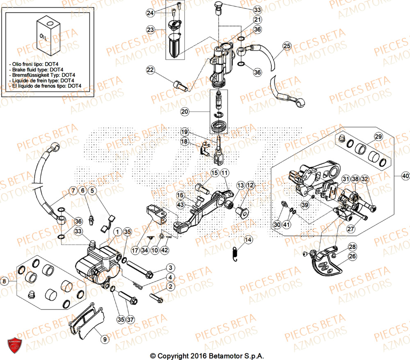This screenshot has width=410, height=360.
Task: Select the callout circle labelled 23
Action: (x=151, y=30)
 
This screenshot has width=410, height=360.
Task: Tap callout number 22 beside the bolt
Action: (x=151, y=71)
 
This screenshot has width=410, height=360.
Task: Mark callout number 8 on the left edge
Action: (x=5, y=281)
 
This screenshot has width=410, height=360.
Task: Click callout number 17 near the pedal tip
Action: (x=135, y=250)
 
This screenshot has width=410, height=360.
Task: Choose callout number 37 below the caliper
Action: (x=130, y=319)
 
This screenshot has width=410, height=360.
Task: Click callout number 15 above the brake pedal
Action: (x=214, y=173)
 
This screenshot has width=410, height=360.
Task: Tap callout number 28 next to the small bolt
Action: (x=352, y=246)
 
